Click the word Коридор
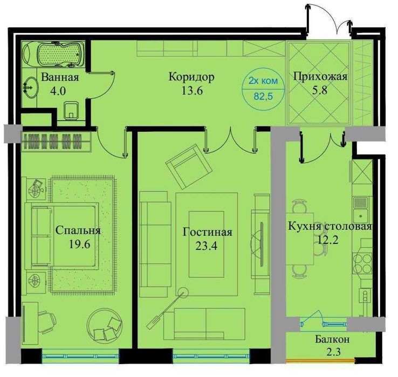(x=191, y=77)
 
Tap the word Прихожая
(x=320, y=76)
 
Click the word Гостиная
(x=207, y=232)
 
